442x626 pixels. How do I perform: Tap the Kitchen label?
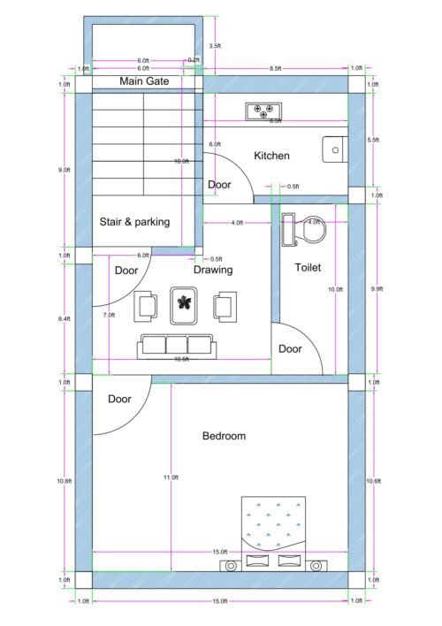(271, 156)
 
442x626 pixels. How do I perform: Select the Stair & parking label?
(134, 222)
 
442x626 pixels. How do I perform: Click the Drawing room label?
(213, 270)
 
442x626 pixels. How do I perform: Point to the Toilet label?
(308, 267)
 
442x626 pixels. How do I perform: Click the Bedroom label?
(224, 436)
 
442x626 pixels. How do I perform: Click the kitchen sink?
(335, 150)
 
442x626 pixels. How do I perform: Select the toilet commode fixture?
(301, 230)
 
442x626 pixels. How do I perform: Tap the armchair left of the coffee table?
(147, 306)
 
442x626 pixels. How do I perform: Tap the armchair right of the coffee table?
(225, 306)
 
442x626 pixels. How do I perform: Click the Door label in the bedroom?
(119, 399)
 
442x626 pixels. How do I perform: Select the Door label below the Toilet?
(290, 349)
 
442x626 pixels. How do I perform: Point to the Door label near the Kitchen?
(219, 185)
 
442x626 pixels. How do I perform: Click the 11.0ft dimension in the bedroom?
(171, 477)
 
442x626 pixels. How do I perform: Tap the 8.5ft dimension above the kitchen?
(276, 67)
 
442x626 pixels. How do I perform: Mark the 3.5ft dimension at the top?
(215, 44)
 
